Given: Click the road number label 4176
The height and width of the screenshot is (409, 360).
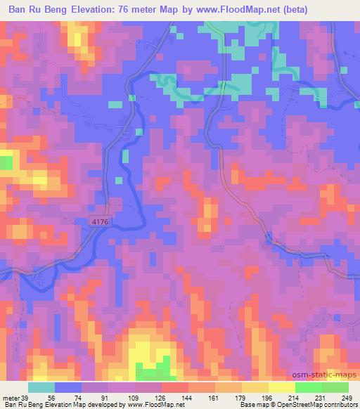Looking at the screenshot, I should click(x=101, y=222).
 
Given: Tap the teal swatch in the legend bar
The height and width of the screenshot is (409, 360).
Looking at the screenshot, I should click(x=41, y=387).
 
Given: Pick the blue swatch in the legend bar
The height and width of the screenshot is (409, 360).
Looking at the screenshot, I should click(x=68, y=387).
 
